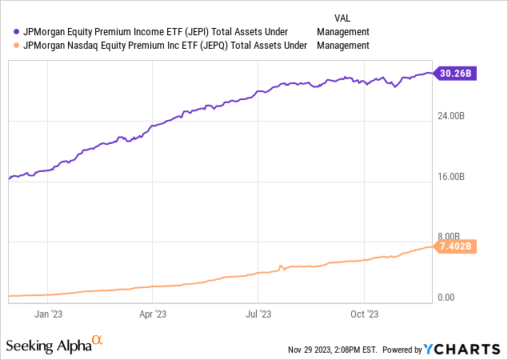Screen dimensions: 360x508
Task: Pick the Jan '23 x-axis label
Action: pos(50,314)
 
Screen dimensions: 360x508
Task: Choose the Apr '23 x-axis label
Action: pos(152,314)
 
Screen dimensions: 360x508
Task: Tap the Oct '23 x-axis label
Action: pos(363,314)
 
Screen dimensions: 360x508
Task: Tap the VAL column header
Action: pos(342,16)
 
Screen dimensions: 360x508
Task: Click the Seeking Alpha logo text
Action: pos(47,345)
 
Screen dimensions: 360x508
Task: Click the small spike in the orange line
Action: pos(280,266)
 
